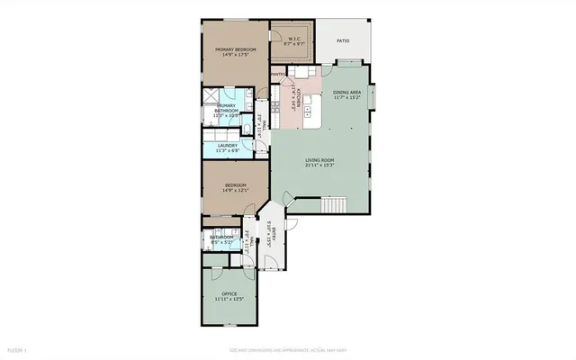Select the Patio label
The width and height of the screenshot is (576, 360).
coord(343,40)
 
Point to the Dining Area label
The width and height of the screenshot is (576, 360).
coord(346,92)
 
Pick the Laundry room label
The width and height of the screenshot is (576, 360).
coord(228,145)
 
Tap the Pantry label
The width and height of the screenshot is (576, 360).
coord(278,75)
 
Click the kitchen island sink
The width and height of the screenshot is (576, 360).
coord(308,110)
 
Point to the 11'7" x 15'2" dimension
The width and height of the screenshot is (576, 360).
coord(346,97)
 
